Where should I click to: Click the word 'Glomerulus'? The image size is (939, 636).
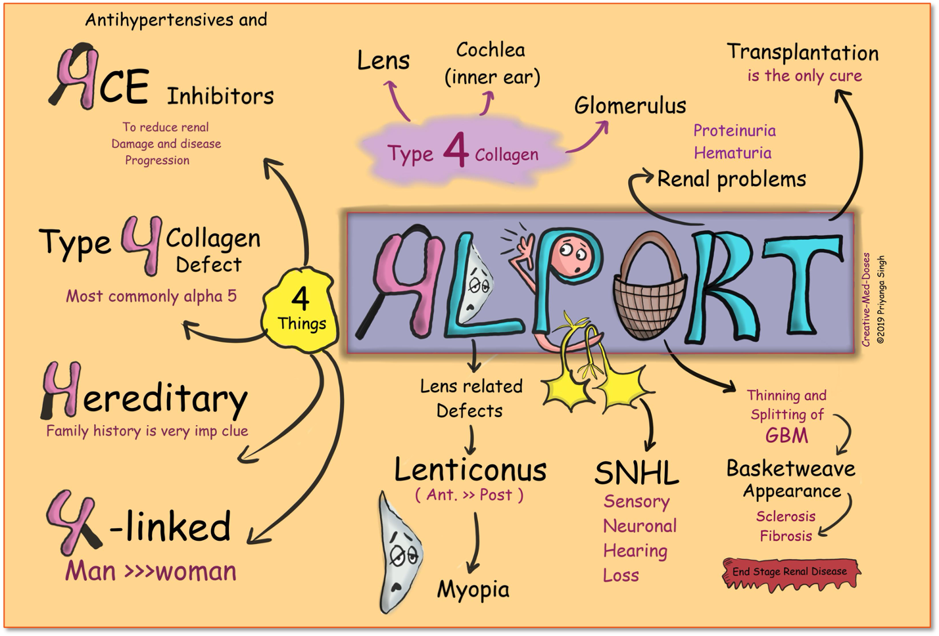pos(630,106)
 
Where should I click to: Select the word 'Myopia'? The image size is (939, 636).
pos(473,589)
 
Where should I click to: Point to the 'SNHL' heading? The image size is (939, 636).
pos(636,472)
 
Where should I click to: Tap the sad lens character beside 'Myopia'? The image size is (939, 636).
pos(399,553)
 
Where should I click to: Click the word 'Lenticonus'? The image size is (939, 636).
pos(470,470)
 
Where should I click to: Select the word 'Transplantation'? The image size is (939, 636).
pos(802,53)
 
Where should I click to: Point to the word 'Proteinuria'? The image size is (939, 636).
pos(734,131)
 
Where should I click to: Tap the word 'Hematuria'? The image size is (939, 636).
pos(733,153)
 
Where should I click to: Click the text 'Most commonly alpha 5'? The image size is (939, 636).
pos(151,296)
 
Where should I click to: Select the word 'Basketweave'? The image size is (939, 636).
pos(790,468)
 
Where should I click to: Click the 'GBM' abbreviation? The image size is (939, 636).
pos(786,436)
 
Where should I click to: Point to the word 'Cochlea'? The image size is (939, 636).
pos(491,50)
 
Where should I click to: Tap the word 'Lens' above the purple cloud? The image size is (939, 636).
pos(383,61)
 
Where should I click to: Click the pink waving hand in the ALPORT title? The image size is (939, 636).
pos(526,246)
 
